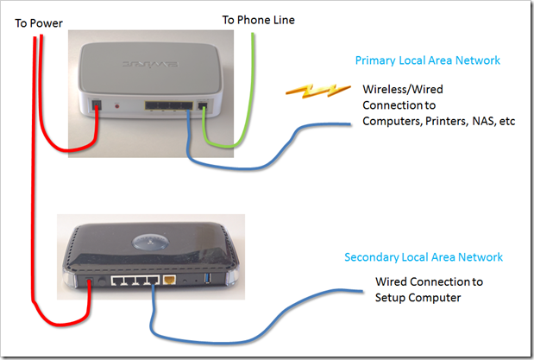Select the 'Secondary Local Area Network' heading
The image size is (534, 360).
423,257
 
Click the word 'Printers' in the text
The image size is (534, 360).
443,121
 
